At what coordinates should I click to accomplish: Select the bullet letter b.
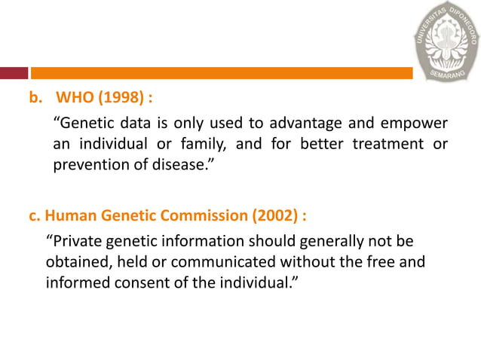[34, 98]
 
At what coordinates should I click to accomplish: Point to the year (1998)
[123, 98]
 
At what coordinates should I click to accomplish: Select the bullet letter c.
[34, 215]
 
